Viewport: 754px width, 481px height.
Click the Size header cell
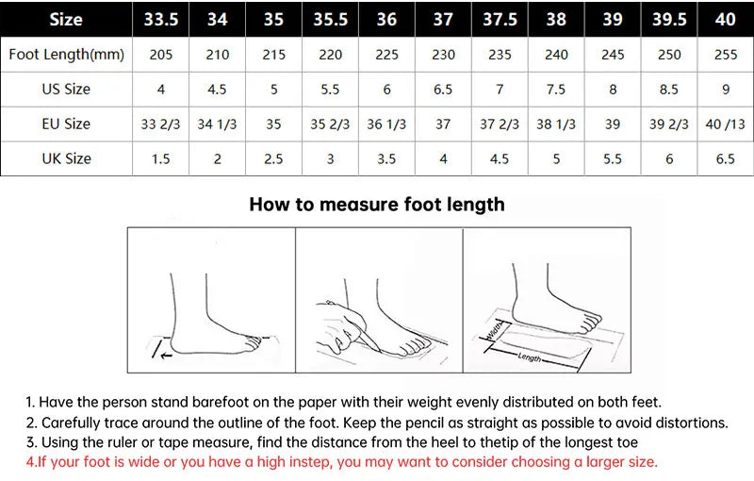[x=66, y=19]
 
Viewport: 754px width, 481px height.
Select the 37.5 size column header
[x=500, y=19]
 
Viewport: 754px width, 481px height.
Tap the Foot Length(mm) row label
[x=66, y=55]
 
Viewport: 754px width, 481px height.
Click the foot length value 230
[x=443, y=55]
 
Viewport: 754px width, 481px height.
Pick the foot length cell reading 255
[x=725, y=55]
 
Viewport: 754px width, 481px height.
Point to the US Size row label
[x=66, y=89]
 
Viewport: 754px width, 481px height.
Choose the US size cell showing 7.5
[x=556, y=90]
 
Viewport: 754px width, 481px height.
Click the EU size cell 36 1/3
[x=386, y=124]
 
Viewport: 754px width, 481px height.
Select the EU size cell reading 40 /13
[x=725, y=124]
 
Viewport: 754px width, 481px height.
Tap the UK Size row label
[x=66, y=158]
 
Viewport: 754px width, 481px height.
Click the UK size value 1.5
[x=160, y=159]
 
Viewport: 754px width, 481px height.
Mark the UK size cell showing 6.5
[x=725, y=159]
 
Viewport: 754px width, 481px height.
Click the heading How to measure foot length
[x=377, y=205]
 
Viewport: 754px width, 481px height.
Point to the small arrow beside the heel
[x=167, y=356]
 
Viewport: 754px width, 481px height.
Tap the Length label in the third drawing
[x=530, y=357]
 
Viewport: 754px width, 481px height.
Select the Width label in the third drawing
[x=494, y=330]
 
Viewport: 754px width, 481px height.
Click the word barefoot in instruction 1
[x=221, y=402]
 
